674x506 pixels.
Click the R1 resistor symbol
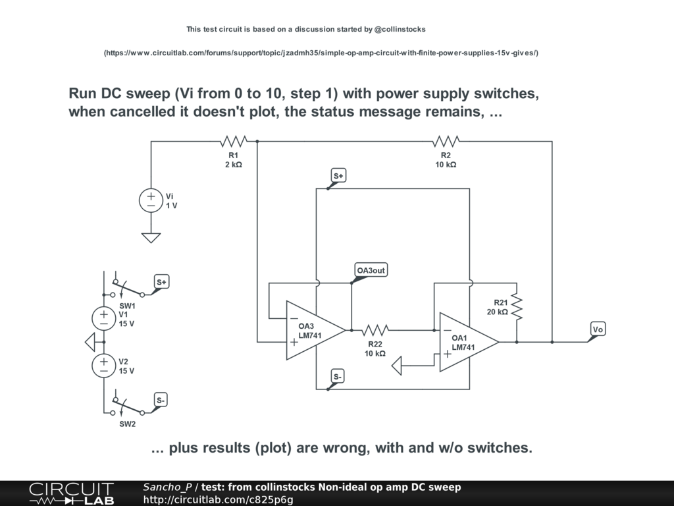(233, 141)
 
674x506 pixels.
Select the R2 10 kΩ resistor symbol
(446, 141)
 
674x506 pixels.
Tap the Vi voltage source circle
(151, 201)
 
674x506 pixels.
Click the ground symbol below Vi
(151, 237)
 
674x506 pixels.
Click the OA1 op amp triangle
(468, 342)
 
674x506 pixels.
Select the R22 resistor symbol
(375, 329)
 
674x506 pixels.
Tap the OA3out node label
(371, 271)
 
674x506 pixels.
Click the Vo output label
(598, 329)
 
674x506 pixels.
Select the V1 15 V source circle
(103, 319)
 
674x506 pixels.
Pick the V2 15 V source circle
(103, 366)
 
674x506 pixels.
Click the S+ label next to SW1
(161, 282)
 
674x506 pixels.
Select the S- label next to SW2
(161, 400)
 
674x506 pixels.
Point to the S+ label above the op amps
(338, 176)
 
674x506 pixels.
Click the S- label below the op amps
(338, 377)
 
